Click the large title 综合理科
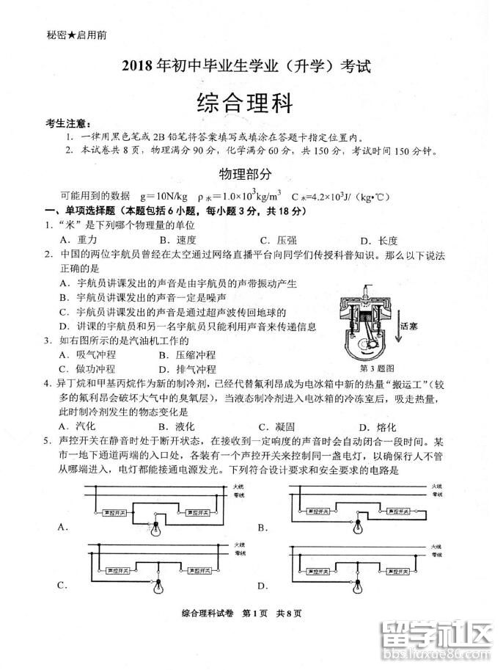coord(245,102)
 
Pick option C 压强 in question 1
coord(277,240)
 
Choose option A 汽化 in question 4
coord(76,427)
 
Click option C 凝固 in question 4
coord(276,427)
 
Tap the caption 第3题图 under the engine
coord(378,367)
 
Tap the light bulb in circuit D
coord(357,584)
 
